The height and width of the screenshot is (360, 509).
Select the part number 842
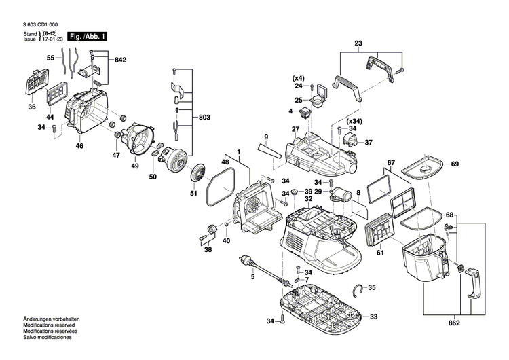pyautogui.click(x=121, y=60)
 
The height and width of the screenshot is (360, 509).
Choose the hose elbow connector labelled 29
pyautogui.click(x=339, y=196)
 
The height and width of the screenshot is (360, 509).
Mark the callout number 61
pyautogui.click(x=380, y=253)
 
